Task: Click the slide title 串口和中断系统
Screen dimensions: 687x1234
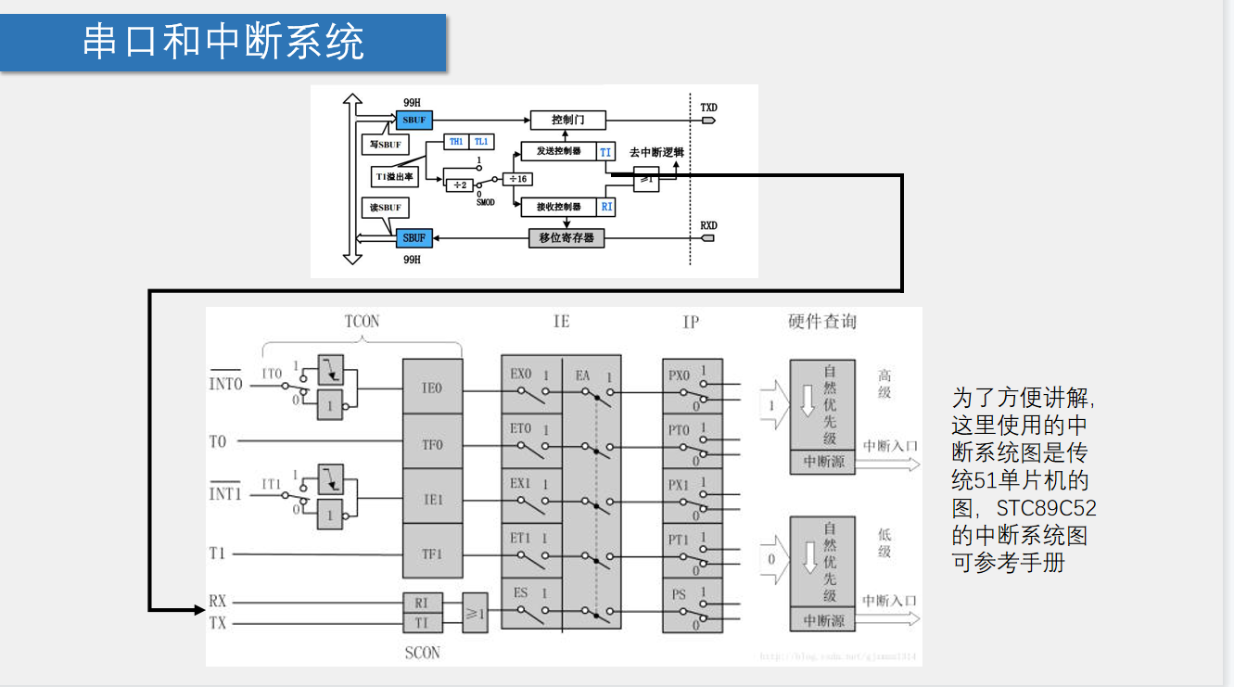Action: point(223,43)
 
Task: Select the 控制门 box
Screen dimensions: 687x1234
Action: point(567,120)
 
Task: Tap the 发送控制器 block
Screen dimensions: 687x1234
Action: point(558,151)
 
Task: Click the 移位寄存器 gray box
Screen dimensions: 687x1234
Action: point(566,238)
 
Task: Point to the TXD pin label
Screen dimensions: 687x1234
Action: point(708,108)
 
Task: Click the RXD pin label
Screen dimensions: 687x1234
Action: point(708,225)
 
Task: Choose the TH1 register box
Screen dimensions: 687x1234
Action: point(456,142)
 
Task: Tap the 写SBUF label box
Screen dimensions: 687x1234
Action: point(385,145)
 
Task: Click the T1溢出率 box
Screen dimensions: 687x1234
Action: point(394,176)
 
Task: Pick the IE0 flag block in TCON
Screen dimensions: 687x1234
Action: point(432,388)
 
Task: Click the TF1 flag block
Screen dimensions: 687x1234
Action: point(432,553)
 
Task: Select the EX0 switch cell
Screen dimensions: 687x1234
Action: point(531,387)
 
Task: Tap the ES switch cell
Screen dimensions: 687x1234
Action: point(531,604)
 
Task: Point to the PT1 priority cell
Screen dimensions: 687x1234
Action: point(691,551)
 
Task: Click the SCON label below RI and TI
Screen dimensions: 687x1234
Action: point(423,654)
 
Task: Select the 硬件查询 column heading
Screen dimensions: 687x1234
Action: point(822,322)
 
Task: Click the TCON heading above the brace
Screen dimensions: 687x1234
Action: point(362,322)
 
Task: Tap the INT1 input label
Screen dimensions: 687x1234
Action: point(225,494)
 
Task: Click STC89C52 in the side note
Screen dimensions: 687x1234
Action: point(1047,509)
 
